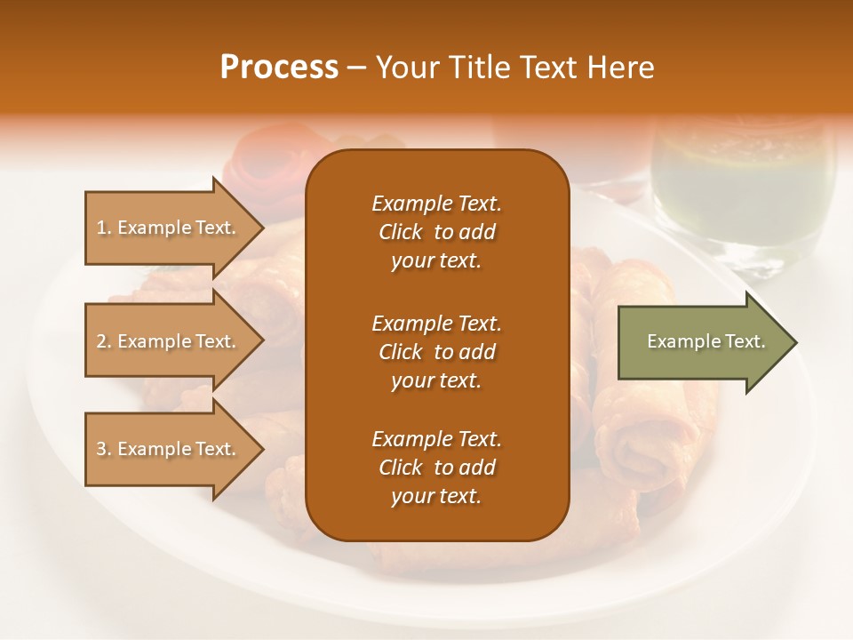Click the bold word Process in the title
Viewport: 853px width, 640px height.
(x=279, y=68)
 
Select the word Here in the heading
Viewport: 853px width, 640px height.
(x=619, y=68)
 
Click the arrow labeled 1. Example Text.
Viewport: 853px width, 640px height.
(x=169, y=228)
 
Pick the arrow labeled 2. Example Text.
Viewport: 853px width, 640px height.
(x=169, y=341)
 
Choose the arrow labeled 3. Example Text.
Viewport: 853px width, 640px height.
(x=169, y=449)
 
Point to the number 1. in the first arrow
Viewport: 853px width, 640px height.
(x=104, y=228)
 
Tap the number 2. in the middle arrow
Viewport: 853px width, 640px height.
(x=104, y=341)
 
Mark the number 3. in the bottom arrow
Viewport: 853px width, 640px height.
(x=104, y=449)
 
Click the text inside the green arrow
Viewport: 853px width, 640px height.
(x=706, y=341)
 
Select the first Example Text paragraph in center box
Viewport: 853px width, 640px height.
(x=436, y=232)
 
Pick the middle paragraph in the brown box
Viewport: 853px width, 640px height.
(x=436, y=351)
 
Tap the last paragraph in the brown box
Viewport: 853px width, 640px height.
(x=436, y=468)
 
